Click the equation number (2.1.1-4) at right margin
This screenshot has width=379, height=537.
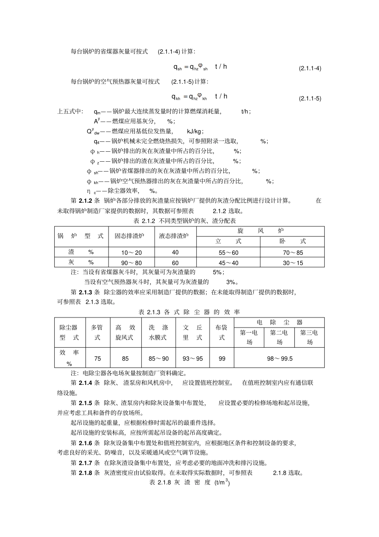coord(310,68)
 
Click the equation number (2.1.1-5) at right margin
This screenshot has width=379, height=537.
coord(310,98)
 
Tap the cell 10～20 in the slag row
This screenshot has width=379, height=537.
coord(131,253)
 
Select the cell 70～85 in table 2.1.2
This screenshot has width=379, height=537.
coord(292,253)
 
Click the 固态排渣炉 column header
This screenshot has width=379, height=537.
coord(129,236)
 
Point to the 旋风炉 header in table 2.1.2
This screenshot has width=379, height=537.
coord(260,231)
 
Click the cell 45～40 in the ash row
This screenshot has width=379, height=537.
coord(228,263)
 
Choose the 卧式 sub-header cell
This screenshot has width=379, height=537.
coord(292,241)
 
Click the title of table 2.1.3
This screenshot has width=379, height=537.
coord(189,312)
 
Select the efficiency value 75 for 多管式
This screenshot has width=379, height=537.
coord(97,359)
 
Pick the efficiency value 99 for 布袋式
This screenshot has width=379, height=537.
coord(222,359)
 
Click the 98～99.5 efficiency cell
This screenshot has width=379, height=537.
coord(279,359)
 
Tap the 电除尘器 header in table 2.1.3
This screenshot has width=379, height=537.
coord(279,322)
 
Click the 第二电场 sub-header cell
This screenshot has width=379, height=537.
coord(279,337)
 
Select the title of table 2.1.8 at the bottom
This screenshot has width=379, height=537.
coord(189,482)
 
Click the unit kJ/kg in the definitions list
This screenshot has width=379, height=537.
coord(195,131)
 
